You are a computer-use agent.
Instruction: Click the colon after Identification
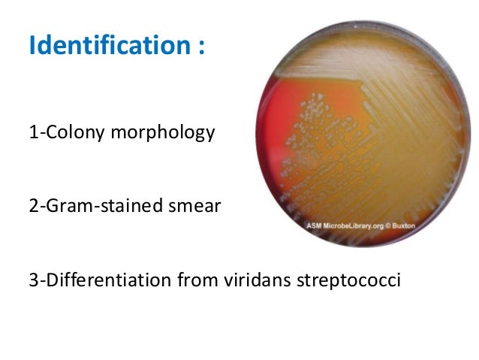[200, 48]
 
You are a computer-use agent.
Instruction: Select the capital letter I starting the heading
[32, 47]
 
